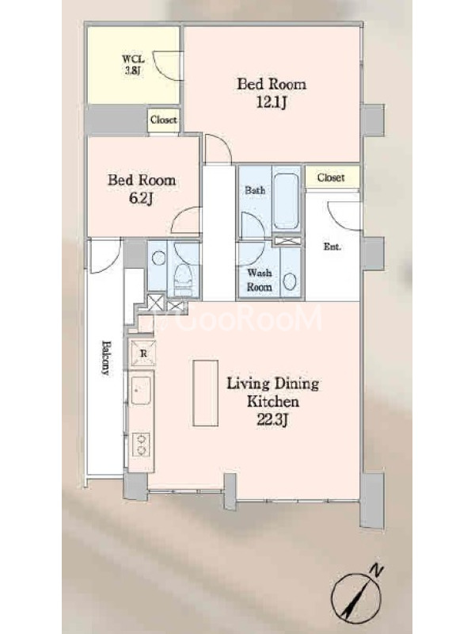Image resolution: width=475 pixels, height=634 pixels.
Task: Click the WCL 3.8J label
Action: [133, 65]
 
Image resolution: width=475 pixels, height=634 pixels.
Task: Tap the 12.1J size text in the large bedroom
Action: [272, 102]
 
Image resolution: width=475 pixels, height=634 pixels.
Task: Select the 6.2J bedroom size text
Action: [141, 198]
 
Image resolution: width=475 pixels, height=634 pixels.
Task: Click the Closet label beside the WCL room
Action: [163, 120]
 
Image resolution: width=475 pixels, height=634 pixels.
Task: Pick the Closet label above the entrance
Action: [331, 178]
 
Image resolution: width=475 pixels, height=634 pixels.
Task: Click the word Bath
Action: [255, 190]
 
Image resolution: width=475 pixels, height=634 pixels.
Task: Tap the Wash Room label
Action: [259, 280]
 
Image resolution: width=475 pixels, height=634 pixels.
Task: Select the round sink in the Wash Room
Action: [290, 281]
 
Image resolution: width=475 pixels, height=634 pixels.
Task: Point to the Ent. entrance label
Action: [332, 246]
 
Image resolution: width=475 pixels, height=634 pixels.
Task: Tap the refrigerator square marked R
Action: [142, 353]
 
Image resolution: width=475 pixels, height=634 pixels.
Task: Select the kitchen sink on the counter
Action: [141, 390]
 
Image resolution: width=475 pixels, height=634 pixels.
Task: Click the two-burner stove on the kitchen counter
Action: [142, 445]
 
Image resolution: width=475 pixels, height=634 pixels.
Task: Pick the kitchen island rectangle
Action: [205, 393]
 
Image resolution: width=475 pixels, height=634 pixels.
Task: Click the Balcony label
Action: [105, 358]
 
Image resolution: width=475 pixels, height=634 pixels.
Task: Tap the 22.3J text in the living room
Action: [272, 421]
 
